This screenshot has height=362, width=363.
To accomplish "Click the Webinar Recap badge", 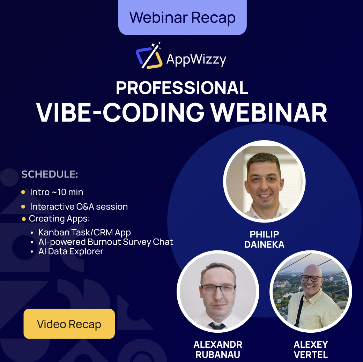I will click(x=182, y=17).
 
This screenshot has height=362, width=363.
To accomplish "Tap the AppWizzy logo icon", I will click(x=149, y=56).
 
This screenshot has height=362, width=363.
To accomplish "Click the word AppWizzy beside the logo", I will click(x=196, y=59).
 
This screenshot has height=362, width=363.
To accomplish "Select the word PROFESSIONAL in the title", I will click(x=182, y=88).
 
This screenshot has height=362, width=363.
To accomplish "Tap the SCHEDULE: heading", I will click(x=50, y=174).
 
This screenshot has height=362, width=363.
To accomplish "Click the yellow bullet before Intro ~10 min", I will click(x=23, y=192).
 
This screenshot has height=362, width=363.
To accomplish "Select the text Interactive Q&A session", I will click(x=79, y=206).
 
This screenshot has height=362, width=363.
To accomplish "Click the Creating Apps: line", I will click(x=59, y=219).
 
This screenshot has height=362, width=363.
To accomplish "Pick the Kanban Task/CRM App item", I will click(x=84, y=232).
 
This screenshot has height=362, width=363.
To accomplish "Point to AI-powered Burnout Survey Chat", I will click(x=106, y=242).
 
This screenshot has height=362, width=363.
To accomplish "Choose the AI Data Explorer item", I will click(x=71, y=251).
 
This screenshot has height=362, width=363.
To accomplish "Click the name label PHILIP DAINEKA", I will click(x=264, y=239).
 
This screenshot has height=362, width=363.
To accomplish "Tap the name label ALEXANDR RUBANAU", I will click(x=218, y=349).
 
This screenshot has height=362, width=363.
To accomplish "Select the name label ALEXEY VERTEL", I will click(x=311, y=349).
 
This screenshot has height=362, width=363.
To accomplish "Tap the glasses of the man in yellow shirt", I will click(x=311, y=278).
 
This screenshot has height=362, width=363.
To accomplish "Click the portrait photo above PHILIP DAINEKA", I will click(x=264, y=181).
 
